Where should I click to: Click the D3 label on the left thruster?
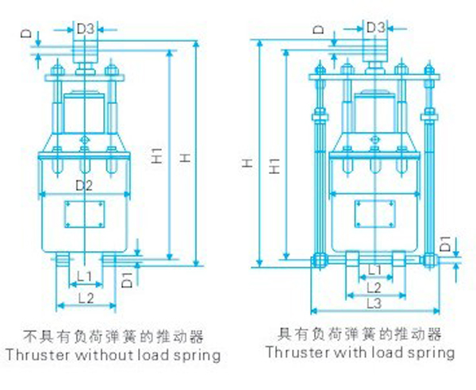pos(86,29)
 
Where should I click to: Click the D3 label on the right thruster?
pos(376,28)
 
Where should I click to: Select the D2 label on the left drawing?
pos(84,185)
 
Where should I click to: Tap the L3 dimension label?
pos(374,303)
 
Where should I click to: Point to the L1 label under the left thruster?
pos(84,276)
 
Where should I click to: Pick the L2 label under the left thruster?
pos(86,299)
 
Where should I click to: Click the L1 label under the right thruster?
pos(374,269)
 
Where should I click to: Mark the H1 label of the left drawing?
pos(157,156)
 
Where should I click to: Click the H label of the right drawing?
pos(248,164)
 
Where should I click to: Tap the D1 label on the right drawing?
pos(446,244)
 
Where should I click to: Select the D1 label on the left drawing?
pos(127,280)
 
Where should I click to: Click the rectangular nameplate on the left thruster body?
pos(84,214)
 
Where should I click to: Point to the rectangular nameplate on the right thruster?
pos(375,214)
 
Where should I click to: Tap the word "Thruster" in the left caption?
pos(37,355)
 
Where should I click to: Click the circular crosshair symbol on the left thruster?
pos(84,140)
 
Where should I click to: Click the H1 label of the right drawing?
pos(274,166)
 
